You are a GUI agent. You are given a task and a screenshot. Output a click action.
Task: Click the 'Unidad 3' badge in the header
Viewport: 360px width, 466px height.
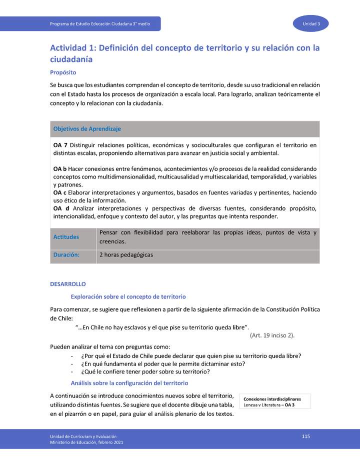(x=314, y=24)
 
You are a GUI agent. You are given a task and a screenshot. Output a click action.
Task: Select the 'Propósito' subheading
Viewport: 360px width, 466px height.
(x=63, y=72)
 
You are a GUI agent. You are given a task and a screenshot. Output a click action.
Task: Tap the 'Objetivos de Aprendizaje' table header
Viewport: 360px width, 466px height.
(x=87, y=129)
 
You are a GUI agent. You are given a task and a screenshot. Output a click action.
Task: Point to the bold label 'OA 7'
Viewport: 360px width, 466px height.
(x=60, y=145)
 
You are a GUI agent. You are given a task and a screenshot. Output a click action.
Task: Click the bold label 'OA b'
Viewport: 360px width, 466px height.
(x=60, y=169)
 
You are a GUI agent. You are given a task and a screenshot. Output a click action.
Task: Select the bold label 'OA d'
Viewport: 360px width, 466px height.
(x=61, y=208)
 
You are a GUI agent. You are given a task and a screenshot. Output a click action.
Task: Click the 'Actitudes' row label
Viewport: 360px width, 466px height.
(x=66, y=237)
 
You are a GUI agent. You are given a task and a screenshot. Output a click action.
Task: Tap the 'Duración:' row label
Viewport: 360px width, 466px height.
(x=66, y=254)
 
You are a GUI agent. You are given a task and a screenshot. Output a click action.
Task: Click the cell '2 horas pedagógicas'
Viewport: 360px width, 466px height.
(x=126, y=254)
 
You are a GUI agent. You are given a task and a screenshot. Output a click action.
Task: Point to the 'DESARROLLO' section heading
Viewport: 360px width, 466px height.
(x=68, y=284)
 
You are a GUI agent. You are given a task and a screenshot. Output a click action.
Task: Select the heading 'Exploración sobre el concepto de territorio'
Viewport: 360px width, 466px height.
(x=128, y=296)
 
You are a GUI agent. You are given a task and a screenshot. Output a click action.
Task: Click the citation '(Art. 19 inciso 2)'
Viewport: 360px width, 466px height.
(x=272, y=335)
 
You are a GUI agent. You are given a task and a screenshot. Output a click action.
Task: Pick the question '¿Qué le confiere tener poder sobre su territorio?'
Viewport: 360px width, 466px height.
(x=145, y=371)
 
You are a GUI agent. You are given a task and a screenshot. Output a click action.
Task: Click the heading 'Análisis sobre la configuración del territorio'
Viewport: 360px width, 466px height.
(x=130, y=383)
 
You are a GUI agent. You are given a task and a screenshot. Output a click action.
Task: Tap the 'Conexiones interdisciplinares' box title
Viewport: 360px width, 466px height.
(x=272, y=399)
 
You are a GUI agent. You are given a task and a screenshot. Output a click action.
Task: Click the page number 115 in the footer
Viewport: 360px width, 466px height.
(x=306, y=436)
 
